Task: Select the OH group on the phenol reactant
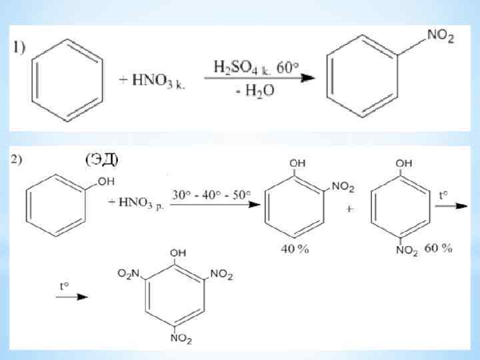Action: click(107, 181)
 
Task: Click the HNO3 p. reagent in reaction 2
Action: click(143, 203)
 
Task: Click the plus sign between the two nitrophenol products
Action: click(349, 209)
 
